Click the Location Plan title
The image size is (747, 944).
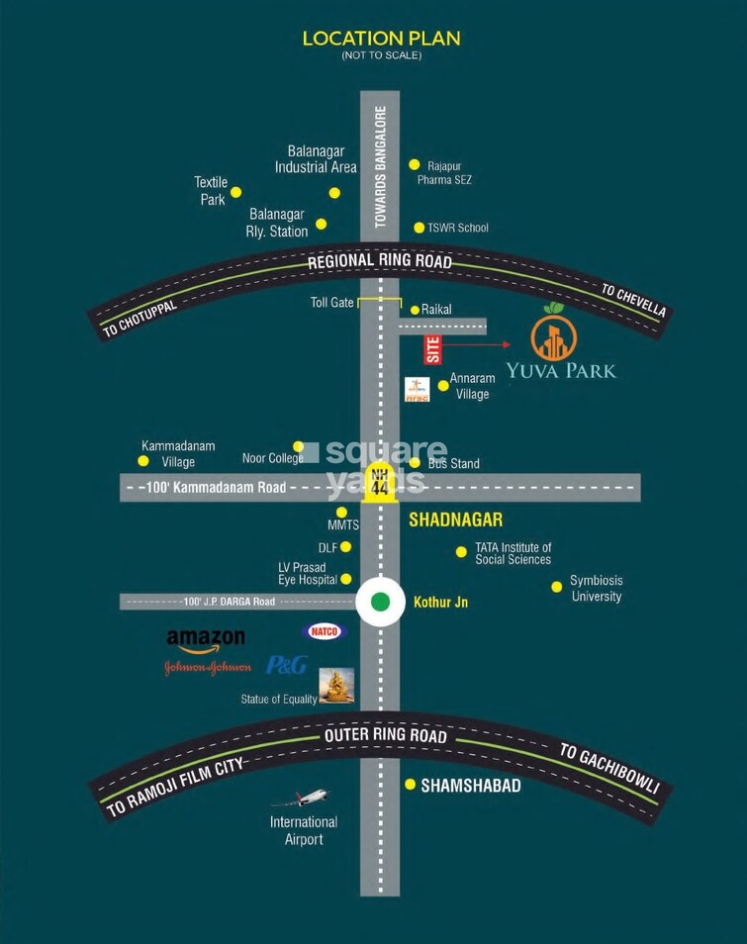[381, 39]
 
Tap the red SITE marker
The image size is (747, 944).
[431, 349]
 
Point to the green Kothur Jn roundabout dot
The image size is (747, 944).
[380, 601]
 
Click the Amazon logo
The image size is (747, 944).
[205, 640]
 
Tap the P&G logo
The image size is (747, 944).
[286, 665]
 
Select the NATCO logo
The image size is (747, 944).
[324, 631]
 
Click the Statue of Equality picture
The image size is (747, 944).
[336, 686]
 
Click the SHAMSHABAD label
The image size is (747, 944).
[470, 786]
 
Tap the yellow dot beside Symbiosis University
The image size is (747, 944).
[556, 587]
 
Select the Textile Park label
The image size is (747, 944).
[211, 191]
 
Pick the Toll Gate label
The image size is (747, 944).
[331, 302]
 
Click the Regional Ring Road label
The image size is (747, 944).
[380, 262]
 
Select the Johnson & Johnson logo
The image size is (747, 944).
[207, 667]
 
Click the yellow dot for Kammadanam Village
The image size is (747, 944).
[143, 460]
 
